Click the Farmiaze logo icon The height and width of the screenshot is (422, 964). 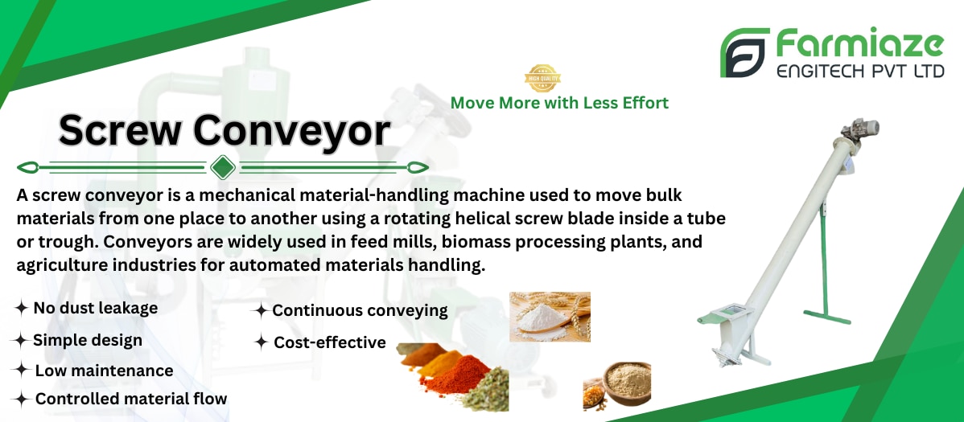pyautogui.click(x=744, y=52)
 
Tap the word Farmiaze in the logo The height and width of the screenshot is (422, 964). pyautogui.click(x=859, y=45)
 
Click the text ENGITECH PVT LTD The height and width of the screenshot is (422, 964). pyautogui.click(x=860, y=72)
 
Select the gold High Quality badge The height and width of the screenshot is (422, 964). pyautogui.click(x=542, y=78)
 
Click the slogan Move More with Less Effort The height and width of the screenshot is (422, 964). pyautogui.click(x=559, y=103)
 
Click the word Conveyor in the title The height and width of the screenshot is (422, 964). pyautogui.click(x=291, y=130)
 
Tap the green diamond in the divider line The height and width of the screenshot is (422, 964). pyautogui.click(x=223, y=167)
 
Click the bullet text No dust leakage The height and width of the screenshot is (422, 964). pyautogui.click(x=95, y=308)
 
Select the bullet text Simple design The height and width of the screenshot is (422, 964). pyautogui.click(x=87, y=340)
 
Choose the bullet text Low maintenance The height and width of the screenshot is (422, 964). pyautogui.click(x=104, y=371)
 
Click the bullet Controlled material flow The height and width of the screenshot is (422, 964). pyautogui.click(x=131, y=399)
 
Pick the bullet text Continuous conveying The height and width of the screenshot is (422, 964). pyautogui.click(x=360, y=311)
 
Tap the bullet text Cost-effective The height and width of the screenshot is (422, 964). pyautogui.click(x=330, y=342)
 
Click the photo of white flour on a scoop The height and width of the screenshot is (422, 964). pyautogui.click(x=550, y=317)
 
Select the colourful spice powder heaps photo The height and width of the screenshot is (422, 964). pyautogui.click(x=454, y=376)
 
